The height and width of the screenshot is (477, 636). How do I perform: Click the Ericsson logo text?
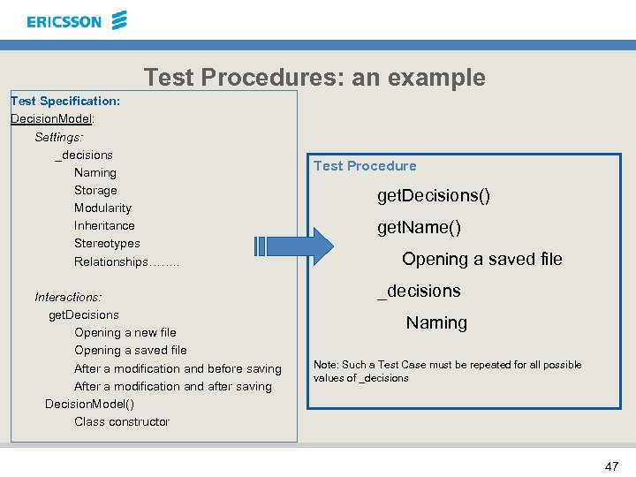(64, 21)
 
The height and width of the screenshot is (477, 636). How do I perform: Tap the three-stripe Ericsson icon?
(120, 19)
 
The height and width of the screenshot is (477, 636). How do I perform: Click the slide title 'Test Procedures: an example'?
(314, 78)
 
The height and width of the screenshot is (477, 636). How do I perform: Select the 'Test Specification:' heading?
(65, 101)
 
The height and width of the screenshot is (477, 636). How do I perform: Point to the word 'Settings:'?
(58, 137)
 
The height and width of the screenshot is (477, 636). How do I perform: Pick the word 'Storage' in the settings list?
(95, 190)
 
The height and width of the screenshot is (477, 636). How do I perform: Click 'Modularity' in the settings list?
(102, 208)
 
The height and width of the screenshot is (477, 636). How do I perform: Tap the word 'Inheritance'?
(104, 225)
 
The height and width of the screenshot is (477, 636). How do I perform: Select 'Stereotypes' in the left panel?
(107, 243)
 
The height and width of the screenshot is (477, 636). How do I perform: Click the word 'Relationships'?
(111, 261)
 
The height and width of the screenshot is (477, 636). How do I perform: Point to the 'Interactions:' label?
(68, 297)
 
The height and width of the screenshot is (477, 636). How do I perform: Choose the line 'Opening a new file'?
(125, 332)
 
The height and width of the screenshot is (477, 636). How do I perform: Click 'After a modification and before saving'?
(178, 368)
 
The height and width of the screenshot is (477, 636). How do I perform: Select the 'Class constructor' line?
(122, 421)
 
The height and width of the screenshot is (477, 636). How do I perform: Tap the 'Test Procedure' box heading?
(365, 165)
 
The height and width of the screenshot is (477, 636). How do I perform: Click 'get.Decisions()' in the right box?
(434, 195)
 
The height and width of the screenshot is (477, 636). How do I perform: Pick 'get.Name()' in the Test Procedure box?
(420, 227)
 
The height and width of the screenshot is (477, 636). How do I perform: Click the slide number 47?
(610, 465)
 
